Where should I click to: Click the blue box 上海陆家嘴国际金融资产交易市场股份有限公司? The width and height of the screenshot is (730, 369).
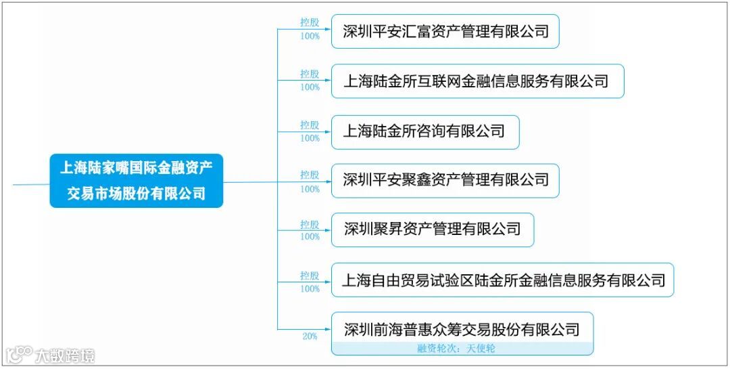(136, 180)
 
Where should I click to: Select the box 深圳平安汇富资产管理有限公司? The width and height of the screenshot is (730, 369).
(445, 31)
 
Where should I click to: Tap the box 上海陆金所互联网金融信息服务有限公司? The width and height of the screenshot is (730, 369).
(477, 81)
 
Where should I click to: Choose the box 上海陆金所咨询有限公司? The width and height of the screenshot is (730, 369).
(424, 131)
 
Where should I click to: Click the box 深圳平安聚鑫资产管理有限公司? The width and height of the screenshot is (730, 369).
(445, 180)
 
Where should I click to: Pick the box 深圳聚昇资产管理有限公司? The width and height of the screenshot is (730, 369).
(432, 230)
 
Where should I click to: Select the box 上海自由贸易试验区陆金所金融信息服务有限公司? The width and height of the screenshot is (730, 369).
(502, 280)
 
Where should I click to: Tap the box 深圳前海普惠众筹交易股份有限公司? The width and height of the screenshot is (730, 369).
(462, 330)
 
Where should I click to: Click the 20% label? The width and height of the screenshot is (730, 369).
(310, 337)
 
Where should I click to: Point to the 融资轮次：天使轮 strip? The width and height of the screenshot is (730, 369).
(462, 349)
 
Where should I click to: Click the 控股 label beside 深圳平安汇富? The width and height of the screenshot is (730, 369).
(310, 22)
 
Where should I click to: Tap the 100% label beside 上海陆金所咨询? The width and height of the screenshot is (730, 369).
(310, 138)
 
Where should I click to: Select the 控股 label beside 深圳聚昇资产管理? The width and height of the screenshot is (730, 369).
(310, 224)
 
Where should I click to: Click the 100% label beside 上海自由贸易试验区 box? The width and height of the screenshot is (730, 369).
(310, 288)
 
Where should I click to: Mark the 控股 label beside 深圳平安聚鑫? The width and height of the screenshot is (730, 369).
(310, 175)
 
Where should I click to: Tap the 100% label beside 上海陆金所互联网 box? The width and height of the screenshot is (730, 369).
(310, 87)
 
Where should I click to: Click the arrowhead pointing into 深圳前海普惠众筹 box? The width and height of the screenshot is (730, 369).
(328, 330)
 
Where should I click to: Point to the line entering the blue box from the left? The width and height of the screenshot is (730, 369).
(30, 183)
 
